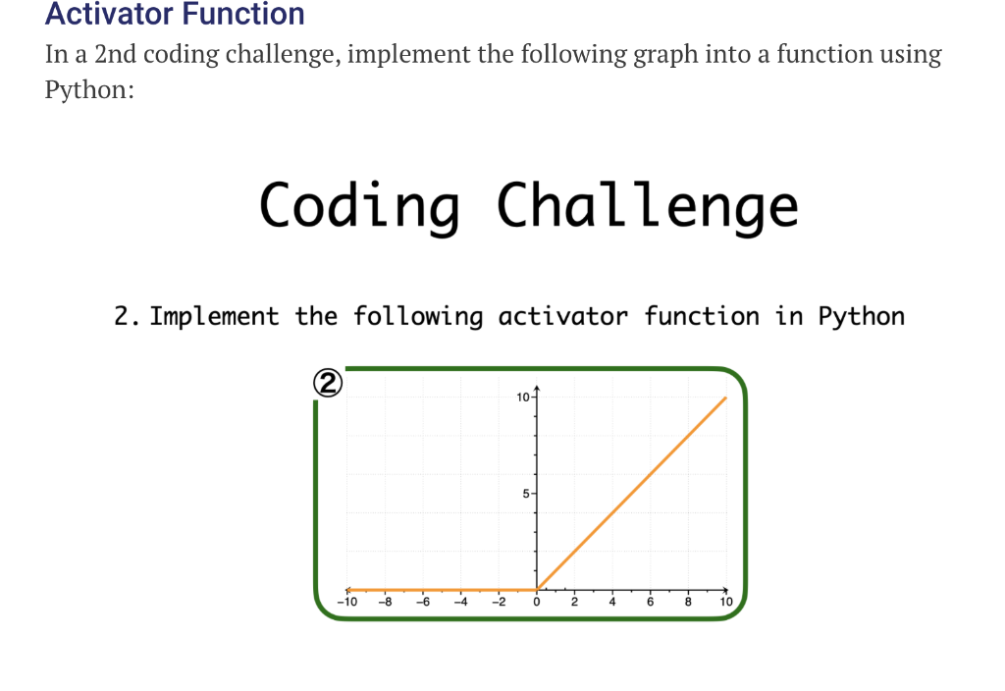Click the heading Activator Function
(175, 15)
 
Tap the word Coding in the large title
(359, 206)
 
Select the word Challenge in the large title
(648, 206)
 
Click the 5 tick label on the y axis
(525, 494)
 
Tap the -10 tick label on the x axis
(345, 602)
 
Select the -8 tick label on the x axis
(385, 602)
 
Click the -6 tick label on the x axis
(422, 602)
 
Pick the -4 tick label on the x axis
(460, 602)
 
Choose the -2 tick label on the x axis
(498, 602)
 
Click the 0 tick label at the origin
(537, 602)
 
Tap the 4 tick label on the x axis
(612, 602)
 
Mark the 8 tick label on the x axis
(688, 602)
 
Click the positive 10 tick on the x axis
(725, 602)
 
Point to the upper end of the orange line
(725, 398)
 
